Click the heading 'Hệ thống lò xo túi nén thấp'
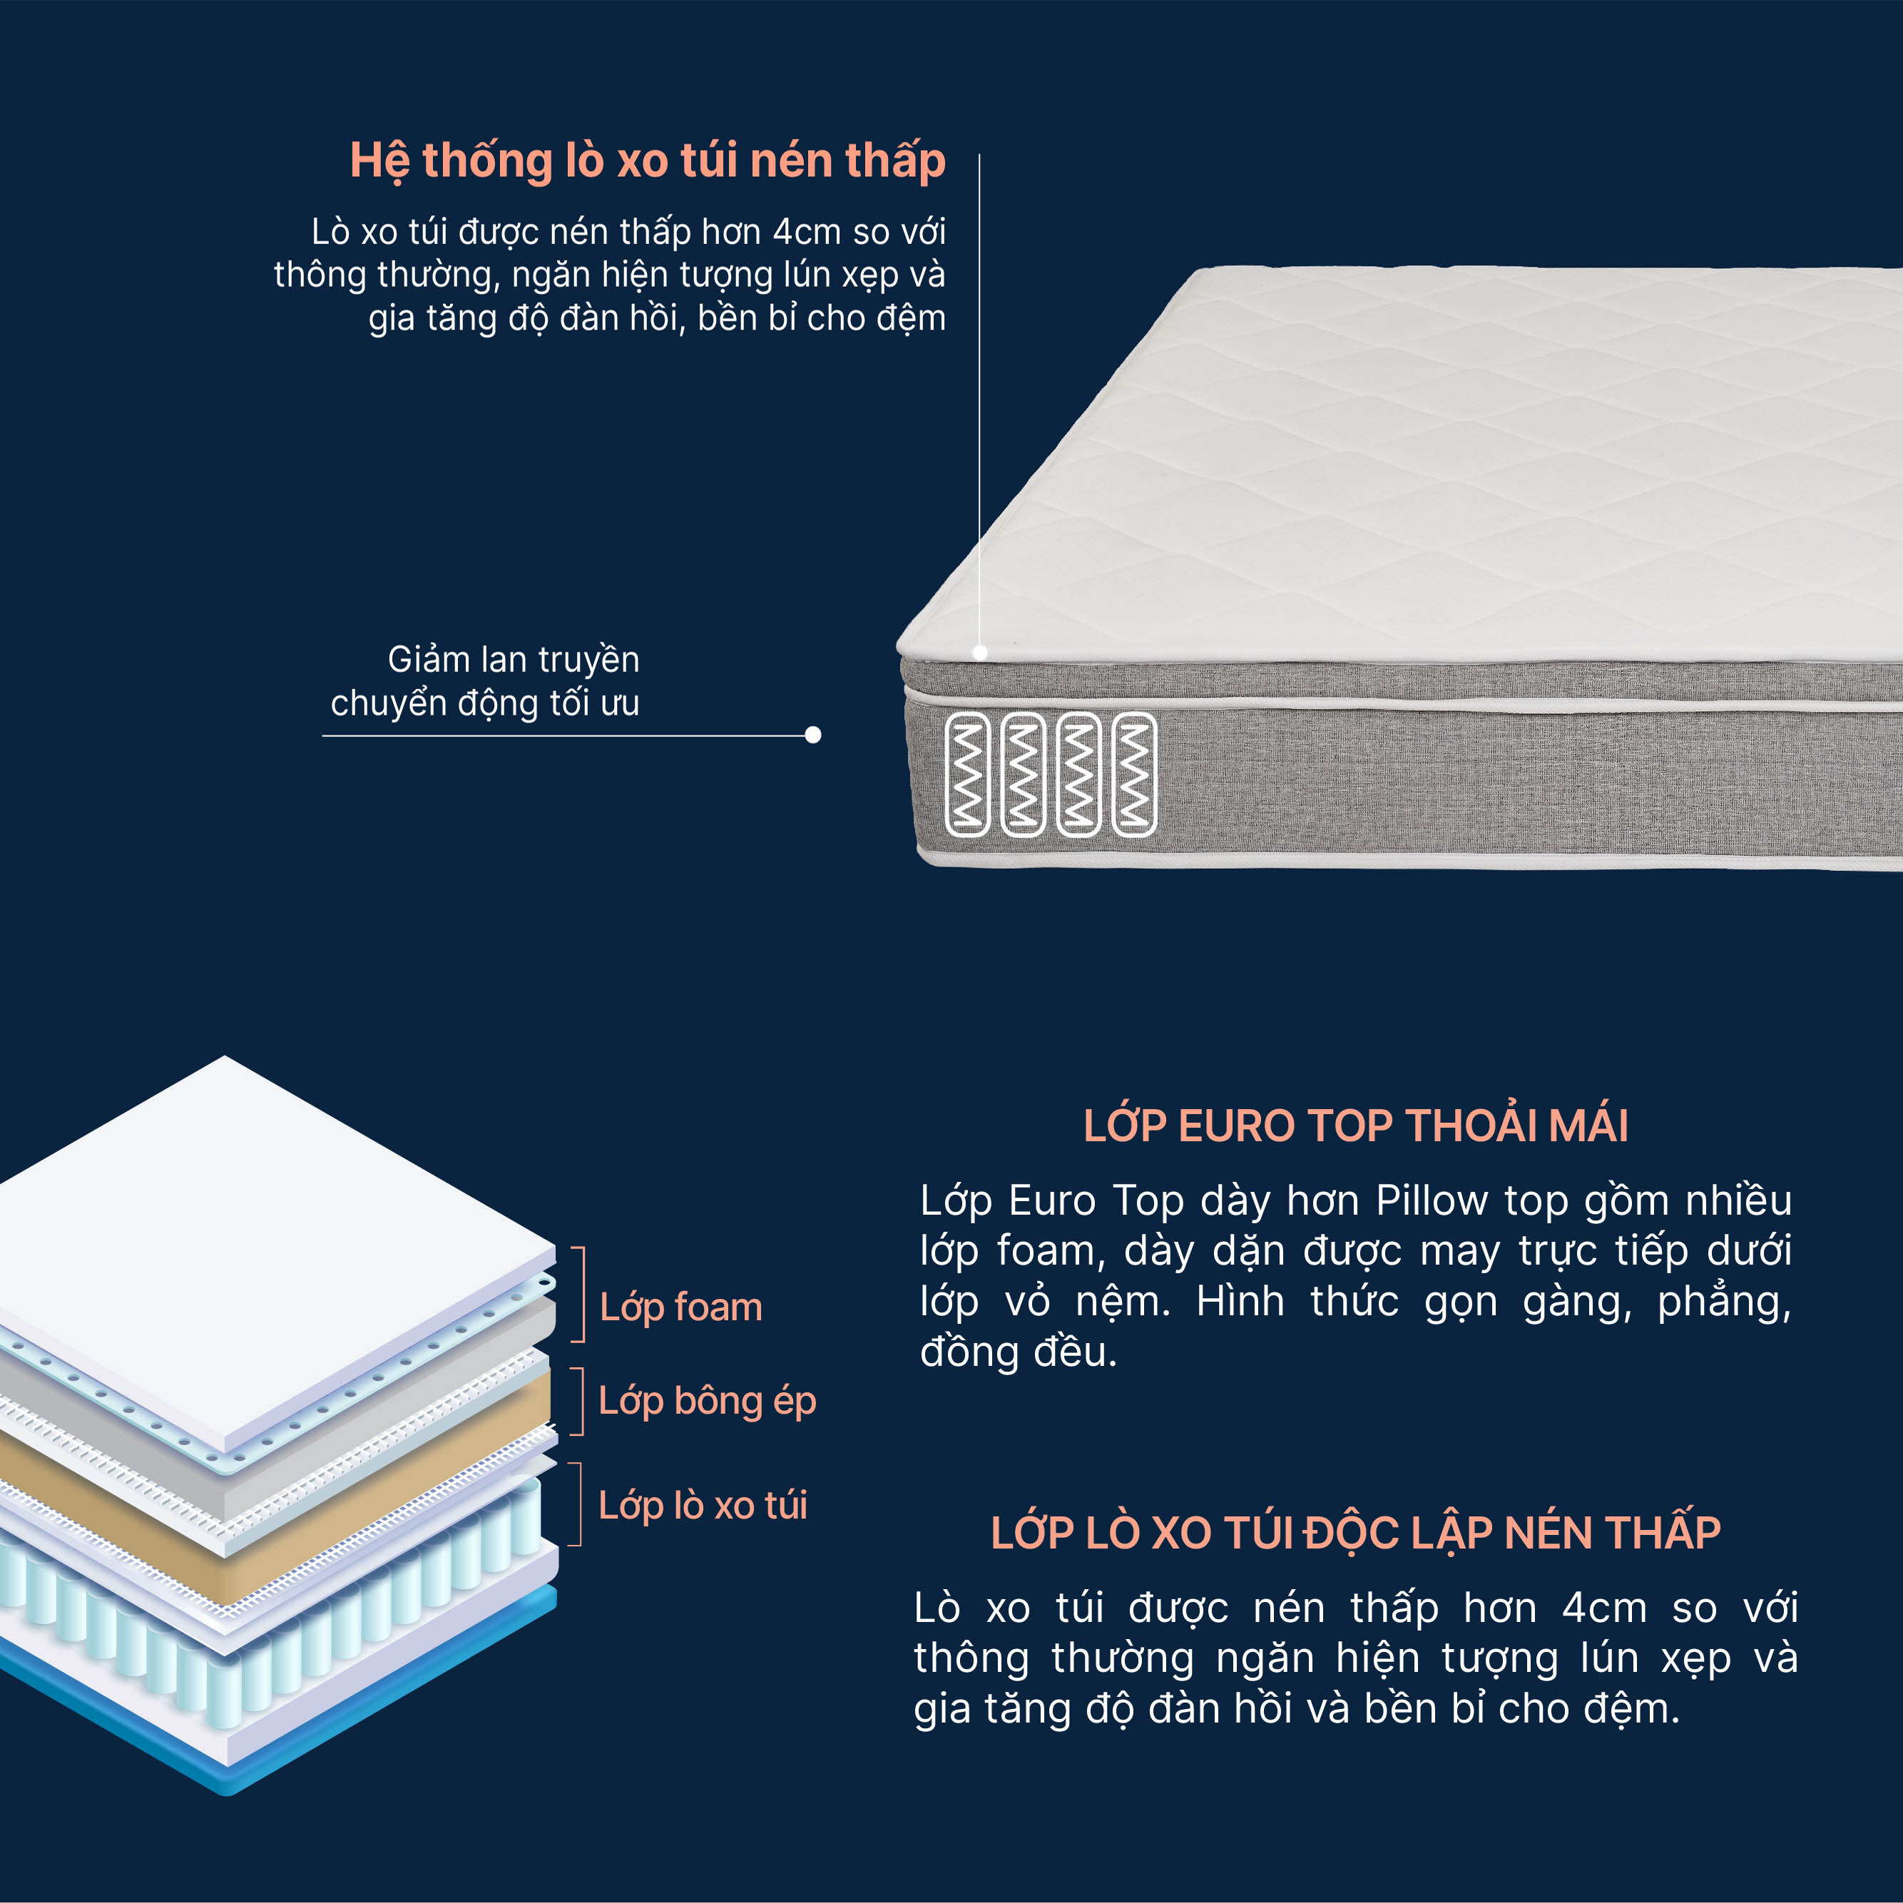[647, 160]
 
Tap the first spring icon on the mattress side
[967, 774]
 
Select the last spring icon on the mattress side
[1135, 774]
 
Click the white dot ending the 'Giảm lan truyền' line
[812, 735]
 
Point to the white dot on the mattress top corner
[980, 652]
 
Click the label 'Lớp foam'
[680, 1307]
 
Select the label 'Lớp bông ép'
[708, 1402]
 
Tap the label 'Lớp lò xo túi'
[703, 1505]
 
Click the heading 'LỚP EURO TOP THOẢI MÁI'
[1355, 1126]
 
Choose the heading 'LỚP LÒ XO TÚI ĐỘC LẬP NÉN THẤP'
[1355, 1533]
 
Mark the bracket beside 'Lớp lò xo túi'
[580, 1504]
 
